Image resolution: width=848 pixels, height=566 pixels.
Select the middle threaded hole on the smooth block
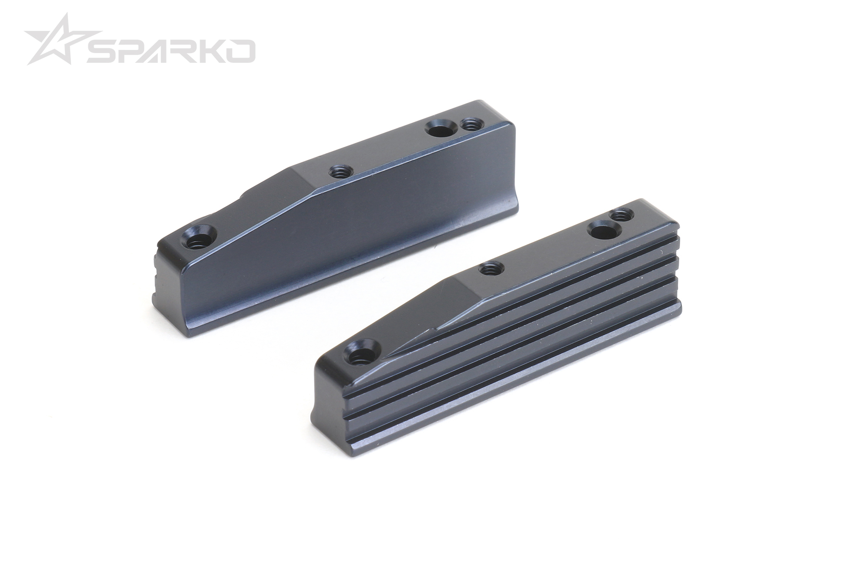340,170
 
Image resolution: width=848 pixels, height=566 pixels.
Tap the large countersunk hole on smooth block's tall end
439,130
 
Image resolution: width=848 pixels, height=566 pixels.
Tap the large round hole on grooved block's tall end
602,231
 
